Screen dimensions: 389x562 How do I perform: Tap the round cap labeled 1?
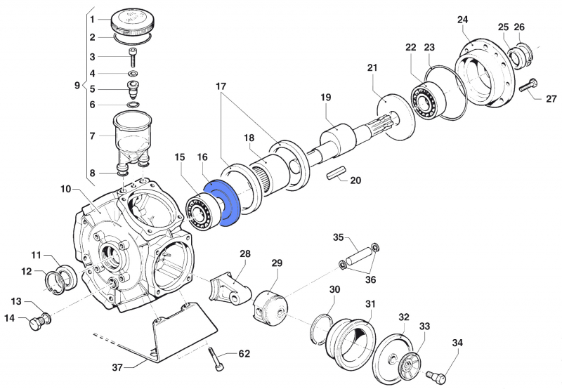tap(131, 19)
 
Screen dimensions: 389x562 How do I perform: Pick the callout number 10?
tap(65, 189)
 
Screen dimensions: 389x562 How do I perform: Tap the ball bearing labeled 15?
tap(201, 212)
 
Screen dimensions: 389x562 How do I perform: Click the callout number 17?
tap(221, 86)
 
